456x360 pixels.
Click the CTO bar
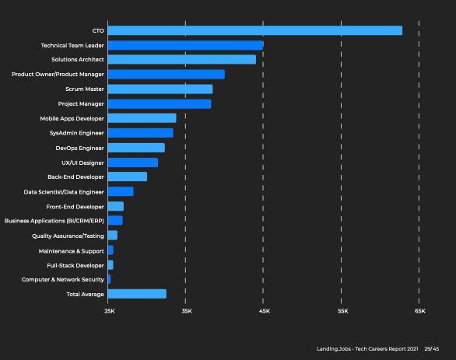[255, 30]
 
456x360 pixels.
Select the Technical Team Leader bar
[185, 45]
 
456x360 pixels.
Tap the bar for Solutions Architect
[182, 59]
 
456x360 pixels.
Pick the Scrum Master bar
[160, 89]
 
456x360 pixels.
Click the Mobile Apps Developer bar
[142, 118]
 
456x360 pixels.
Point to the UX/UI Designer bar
[133, 163]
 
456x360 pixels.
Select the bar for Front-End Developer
[116, 206]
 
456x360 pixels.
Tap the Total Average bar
[137, 294]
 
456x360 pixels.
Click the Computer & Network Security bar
[109, 279]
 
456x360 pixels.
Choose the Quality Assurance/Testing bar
[113, 236]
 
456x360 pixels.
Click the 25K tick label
[110, 311]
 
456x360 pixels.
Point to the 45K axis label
[265, 311]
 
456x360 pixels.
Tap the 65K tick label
[420, 311]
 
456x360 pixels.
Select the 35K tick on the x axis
[187, 311]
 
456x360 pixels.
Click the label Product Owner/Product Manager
[58, 75]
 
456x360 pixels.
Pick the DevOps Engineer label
[79, 149]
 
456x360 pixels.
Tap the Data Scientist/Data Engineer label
[64, 192]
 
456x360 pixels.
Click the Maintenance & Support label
[72, 251]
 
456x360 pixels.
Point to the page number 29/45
[432, 349]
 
